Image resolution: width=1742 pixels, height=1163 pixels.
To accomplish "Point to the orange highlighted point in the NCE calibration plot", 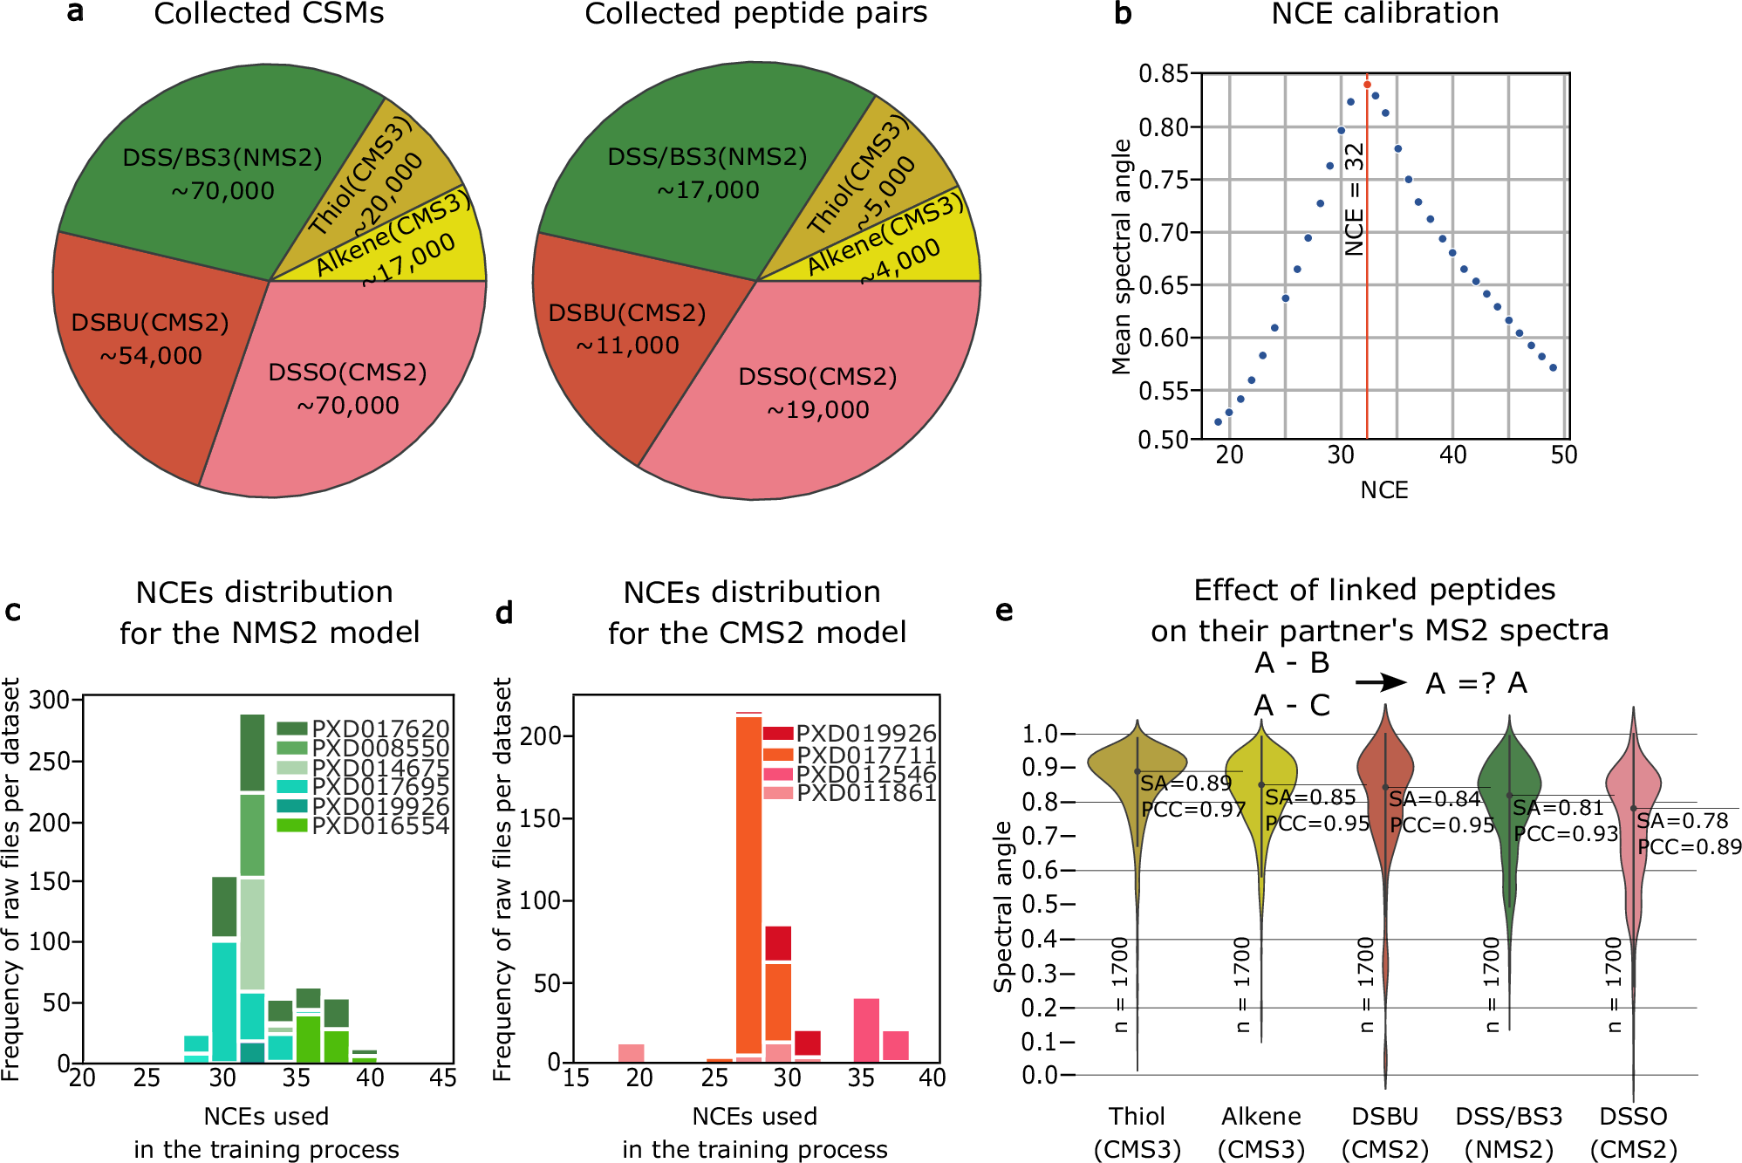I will [x=1367, y=85].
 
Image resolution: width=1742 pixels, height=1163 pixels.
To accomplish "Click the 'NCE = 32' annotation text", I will [x=1354, y=199].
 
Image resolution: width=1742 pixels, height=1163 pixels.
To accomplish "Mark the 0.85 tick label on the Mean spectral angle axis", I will [x=1164, y=74].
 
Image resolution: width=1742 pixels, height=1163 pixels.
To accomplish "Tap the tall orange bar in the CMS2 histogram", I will [x=748, y=881].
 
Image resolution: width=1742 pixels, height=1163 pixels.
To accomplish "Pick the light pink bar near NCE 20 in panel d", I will [x=631, y=1052].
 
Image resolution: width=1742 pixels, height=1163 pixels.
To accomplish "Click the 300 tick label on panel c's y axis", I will [x=49, y=701].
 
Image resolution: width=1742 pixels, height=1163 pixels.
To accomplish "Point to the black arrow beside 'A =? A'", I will [x=1380, y=682].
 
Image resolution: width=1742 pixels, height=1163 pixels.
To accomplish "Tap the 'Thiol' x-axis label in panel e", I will [x=1137, y=1117].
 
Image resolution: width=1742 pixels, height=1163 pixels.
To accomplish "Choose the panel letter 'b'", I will [x=1124, y=14].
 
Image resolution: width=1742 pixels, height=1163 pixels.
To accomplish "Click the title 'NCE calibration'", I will [x=1384, y=14].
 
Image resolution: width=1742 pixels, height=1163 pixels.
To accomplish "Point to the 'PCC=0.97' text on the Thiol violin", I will [x=1193, y=810].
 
